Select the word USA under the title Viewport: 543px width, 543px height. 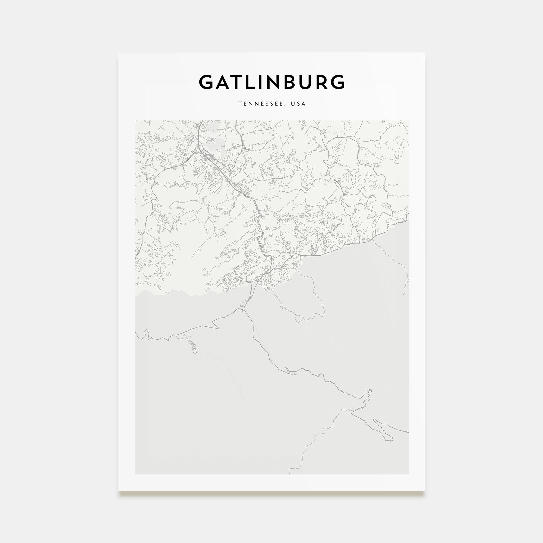(298, 104)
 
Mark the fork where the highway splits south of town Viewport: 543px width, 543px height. (243, 309)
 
